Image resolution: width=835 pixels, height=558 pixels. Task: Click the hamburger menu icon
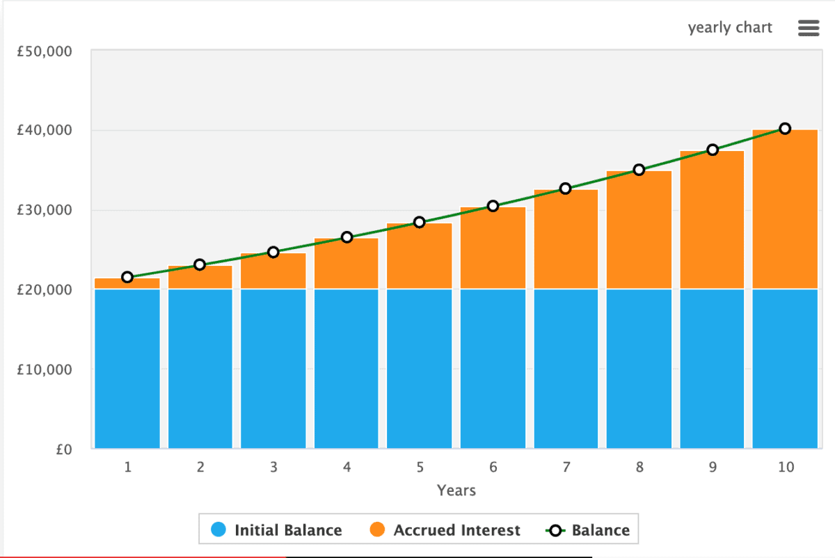coord(809,28)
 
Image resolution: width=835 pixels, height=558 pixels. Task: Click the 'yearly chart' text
coord(730,28)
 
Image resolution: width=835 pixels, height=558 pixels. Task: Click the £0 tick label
coord(64,449)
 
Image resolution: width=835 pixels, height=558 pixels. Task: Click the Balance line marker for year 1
coord(127,277)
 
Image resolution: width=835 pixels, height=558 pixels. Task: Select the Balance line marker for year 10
coord(785,128)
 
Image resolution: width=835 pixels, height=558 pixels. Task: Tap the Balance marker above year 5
coord(420,222)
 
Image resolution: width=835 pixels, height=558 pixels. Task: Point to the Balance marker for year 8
coord(639,170)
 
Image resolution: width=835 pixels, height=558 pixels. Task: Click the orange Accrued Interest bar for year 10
coord(785,209)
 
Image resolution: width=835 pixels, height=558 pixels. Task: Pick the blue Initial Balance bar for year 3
coord(273,369)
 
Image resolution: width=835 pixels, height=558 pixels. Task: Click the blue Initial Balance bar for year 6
coord(493,369)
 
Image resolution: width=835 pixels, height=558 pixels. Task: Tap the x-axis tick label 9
coord(713,468)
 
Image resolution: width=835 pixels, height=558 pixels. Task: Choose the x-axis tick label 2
coord(200,468)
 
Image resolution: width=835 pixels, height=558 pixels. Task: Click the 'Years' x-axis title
coord(456,491)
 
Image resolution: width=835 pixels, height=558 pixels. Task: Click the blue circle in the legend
coord(218,530)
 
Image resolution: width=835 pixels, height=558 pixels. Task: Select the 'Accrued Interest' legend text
coord(456,530)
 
